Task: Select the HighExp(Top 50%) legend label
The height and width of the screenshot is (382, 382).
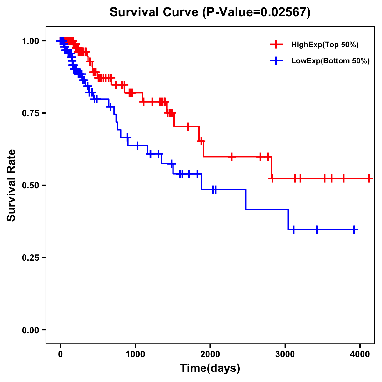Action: point(325,45)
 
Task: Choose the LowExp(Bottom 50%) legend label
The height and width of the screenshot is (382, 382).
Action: point(330,61)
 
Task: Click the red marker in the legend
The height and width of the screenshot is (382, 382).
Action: point(276,45)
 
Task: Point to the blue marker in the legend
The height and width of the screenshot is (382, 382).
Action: point(276,60)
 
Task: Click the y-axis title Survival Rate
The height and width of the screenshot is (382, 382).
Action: point(11,185)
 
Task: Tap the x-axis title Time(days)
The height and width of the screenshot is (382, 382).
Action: point(210,368)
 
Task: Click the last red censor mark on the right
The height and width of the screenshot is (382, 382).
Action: point(369,179)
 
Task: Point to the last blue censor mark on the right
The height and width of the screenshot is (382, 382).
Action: point(354,230)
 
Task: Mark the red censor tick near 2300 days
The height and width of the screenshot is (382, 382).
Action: point(232,157)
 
